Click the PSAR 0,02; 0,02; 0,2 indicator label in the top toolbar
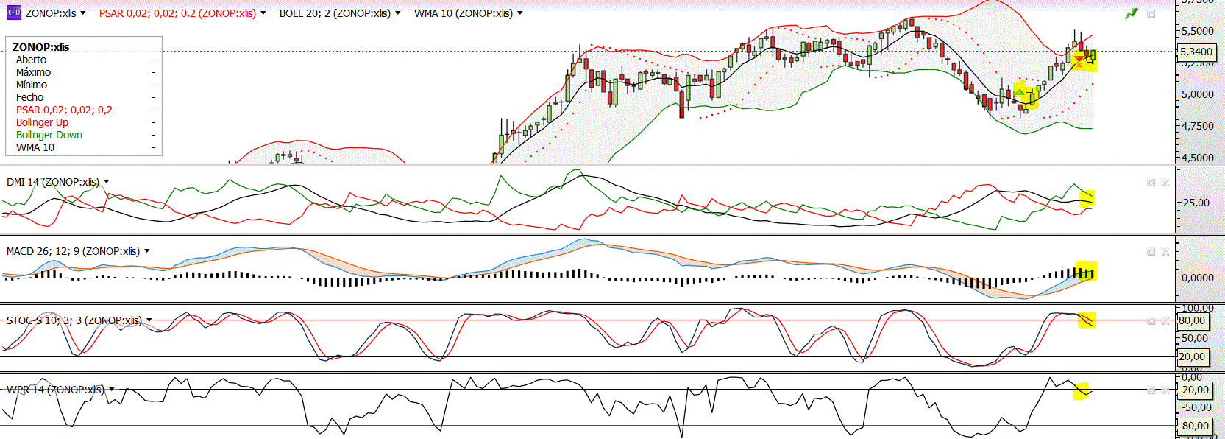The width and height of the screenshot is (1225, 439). [x=177, y=13]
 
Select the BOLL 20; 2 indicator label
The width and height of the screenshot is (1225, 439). [x=335, y=13]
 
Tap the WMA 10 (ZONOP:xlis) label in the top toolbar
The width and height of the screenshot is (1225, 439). [x=463, y=13]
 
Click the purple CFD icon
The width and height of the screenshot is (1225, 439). [x=13, y=13]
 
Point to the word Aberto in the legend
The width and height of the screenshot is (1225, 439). [x=31, y=60]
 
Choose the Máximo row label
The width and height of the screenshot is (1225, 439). [x=33, y=72]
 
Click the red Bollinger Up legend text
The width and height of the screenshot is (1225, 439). [x=42, y=122]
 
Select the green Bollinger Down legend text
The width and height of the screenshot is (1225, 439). [x=49, y=135]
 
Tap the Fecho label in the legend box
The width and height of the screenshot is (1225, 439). [x=29, y=97]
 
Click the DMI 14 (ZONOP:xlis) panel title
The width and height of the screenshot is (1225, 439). [x=52, y=182]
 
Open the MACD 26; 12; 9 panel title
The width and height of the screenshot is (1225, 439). [x=73, y=251]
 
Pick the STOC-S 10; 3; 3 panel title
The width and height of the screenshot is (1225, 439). [x=74, y=320]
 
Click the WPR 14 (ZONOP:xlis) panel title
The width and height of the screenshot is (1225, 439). [x=55, y=390]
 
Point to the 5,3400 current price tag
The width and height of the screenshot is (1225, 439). [x=1196, y=52]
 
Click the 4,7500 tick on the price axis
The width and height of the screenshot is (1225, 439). [x=1198, y=126]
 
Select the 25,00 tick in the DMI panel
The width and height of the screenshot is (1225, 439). [x=1196, y=203]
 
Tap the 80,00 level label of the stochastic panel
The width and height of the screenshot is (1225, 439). [x=1192, y=320]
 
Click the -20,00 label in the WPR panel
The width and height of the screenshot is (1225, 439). [x=1195, y=390]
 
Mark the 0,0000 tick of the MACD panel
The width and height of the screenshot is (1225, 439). [x=1198, y=278]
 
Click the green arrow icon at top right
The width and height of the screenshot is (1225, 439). [x=1131, y=13]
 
